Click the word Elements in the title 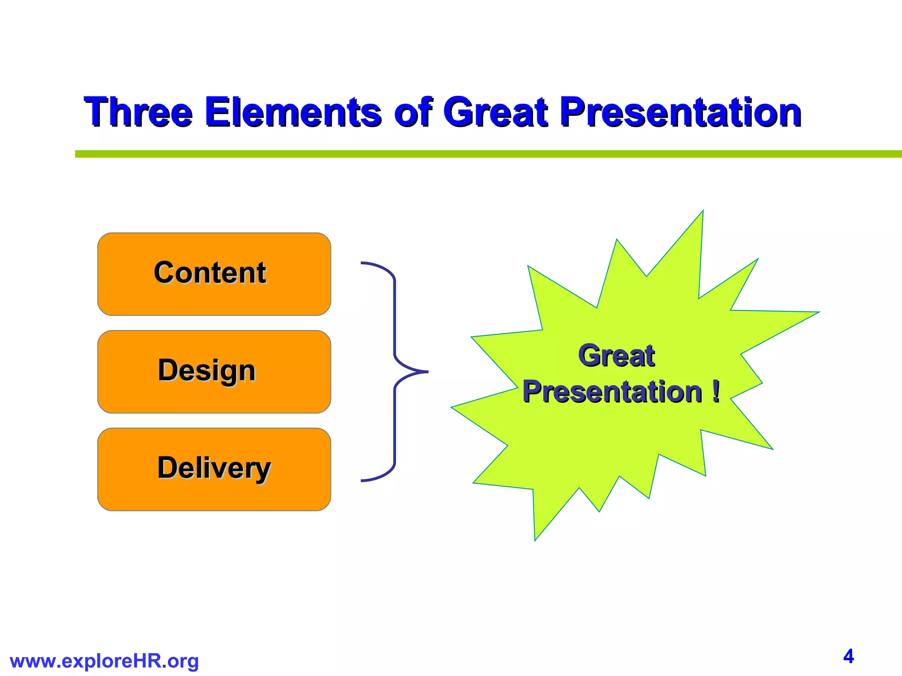(293, 112)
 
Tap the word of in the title (413, 112)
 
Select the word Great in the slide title (495, 112)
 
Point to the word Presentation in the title (680, 112)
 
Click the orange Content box (214, 274)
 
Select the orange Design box (214, 371)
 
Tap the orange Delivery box (214, 469)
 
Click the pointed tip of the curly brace (425, 372)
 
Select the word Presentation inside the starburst (612, 392)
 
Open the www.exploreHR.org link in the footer (104, 661)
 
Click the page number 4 (848, 656)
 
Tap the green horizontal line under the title (484, 154)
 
